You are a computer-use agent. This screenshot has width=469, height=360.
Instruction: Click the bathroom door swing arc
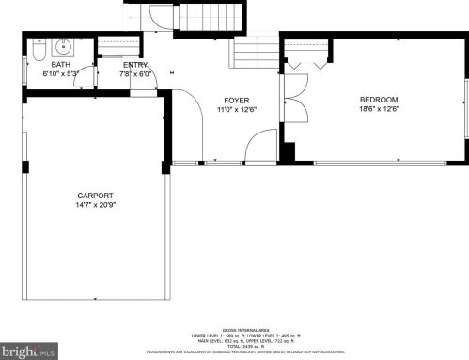tap(85, 79)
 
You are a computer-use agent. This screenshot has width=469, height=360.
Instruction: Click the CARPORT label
tap(95, 196)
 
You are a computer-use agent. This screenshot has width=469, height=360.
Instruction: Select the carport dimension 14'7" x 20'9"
tap(95, 205)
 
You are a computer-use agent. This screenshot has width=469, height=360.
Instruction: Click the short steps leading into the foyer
tap(255, 55)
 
